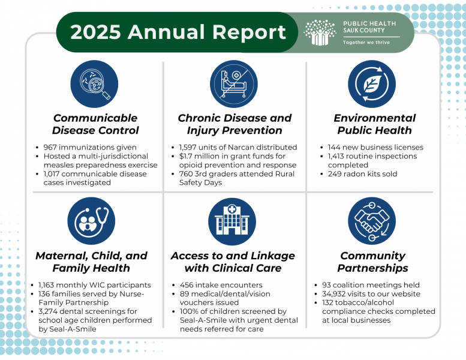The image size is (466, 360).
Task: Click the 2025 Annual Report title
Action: click(x=178, y=32)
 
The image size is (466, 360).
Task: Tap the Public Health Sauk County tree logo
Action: click(x=320, y=32)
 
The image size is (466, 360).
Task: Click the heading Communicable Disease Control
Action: click(x=95, y=124)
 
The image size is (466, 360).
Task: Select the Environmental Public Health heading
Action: click(x=374, y=124)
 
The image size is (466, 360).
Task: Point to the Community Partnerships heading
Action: click(x=372, y=262)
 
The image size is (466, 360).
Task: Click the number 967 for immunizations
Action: click(x=52, y=148)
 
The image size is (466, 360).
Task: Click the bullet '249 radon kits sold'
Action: click(x=362, y=174)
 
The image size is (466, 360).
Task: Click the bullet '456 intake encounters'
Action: click(x=221, y=285)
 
